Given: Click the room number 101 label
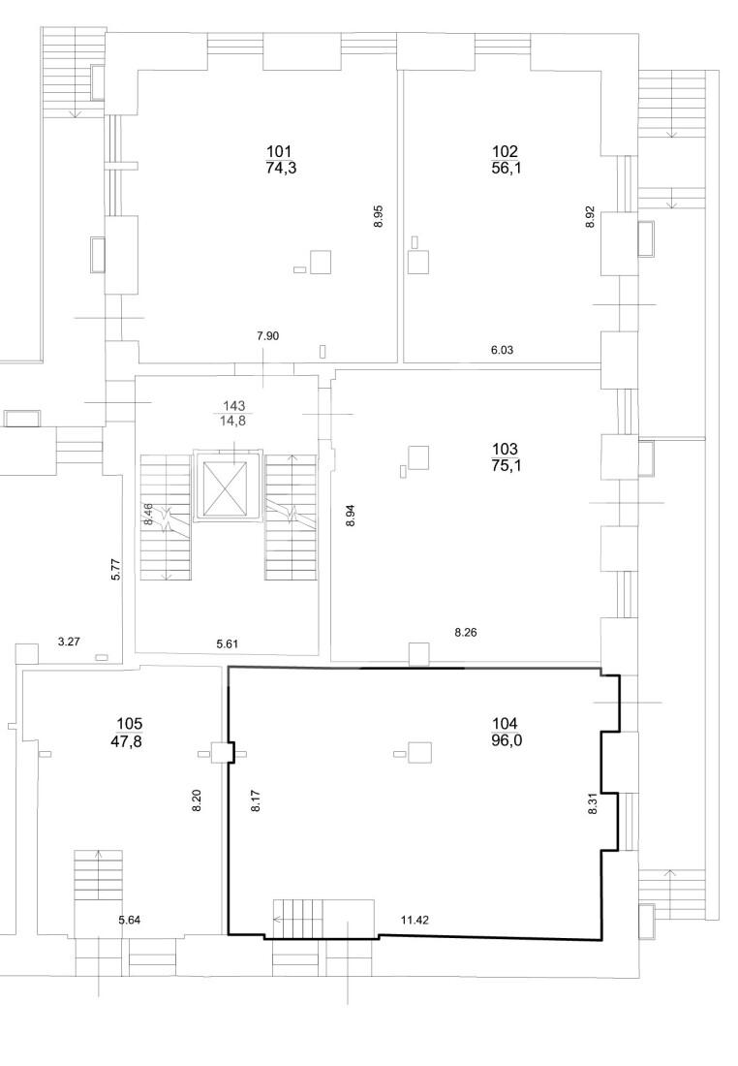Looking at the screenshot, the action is click(280, 151).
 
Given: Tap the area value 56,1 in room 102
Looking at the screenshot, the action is click(506, 169).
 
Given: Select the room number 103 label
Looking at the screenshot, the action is click(505, 450).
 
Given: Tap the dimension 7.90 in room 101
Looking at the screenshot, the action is click(267, 336).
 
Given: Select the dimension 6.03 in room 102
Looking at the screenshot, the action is click(502, 350).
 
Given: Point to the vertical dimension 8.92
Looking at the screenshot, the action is click(591, 216).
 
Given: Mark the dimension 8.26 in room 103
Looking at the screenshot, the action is click(466, 632).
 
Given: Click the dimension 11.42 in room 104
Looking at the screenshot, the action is click(415, 921).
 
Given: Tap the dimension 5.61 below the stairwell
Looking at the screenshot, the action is click(228, 643).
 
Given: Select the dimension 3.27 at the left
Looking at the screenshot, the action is click(70, 641).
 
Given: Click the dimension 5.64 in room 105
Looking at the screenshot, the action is click(130, 921).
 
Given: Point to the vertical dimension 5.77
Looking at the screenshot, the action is click(115, 568).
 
